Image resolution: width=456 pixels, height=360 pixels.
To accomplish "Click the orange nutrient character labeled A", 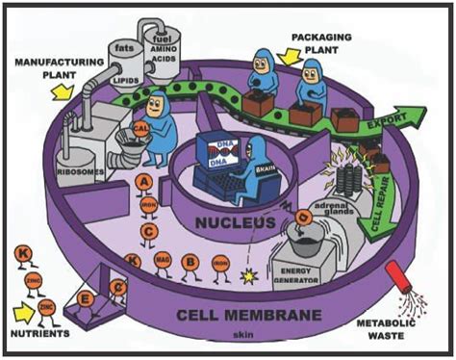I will (143, 182).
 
